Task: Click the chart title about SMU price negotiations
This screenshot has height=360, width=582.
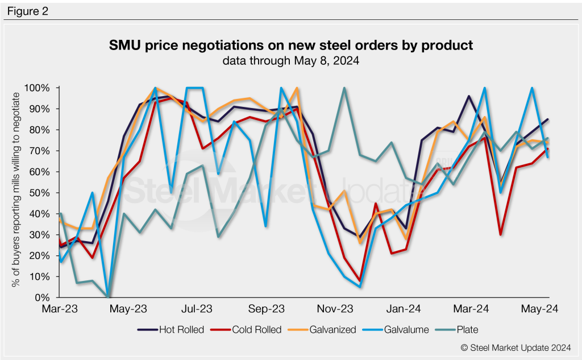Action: pos(291,45)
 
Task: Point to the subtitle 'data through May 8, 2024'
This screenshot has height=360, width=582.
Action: pos(290,60)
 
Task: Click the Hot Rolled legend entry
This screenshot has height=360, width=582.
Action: pos(171,329)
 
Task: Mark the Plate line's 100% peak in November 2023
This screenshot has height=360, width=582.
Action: pos(344,88)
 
